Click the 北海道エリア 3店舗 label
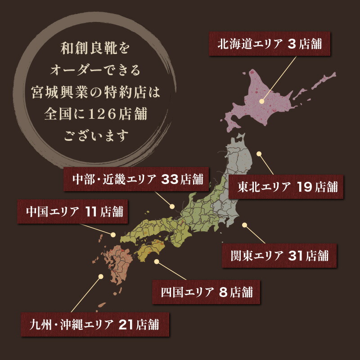269,44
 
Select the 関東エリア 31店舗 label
279,256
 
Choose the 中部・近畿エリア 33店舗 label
138,179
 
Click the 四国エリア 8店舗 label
207,291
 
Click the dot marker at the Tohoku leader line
259,154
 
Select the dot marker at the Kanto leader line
245,225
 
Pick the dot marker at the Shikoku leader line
156,261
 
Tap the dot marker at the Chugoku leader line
113,234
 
